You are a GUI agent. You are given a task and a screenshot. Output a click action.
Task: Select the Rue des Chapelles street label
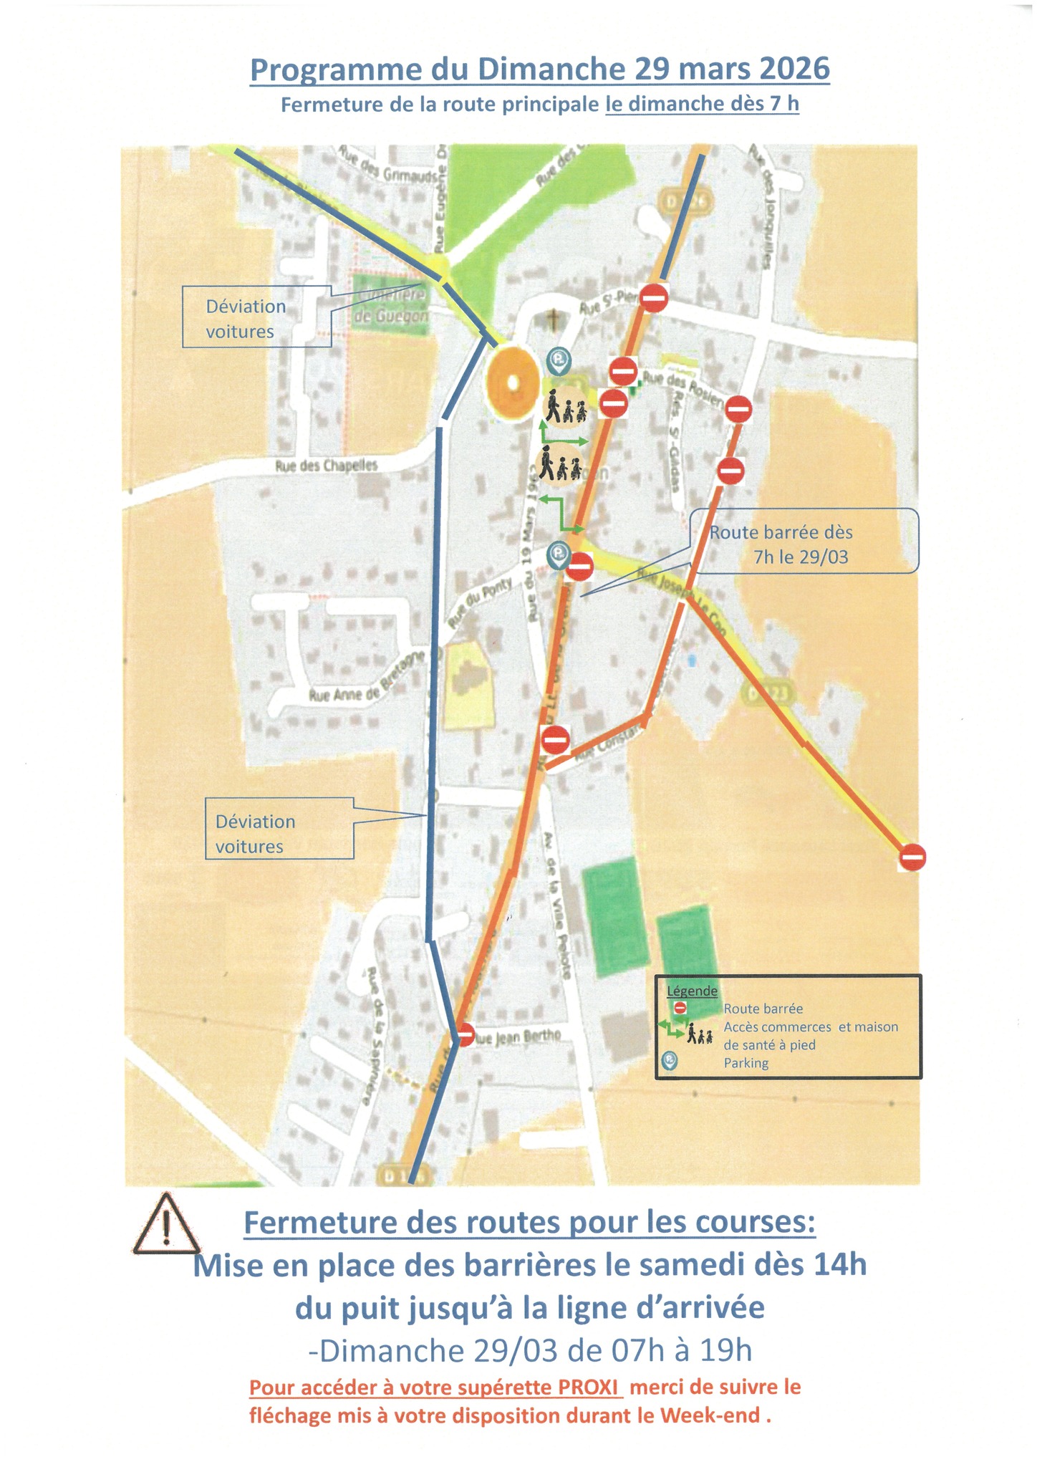[327, 466]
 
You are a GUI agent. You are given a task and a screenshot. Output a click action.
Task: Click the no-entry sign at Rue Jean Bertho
[465, 1034]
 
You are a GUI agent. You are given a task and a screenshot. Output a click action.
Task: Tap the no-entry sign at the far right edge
[912, 857]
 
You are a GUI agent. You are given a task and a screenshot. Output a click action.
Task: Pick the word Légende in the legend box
[692, 991]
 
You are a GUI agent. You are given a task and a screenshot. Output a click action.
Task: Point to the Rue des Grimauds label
[387, 170]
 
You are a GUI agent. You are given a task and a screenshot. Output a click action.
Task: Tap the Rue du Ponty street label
[481, 603]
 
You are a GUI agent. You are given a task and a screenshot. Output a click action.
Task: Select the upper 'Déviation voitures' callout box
[256, 317]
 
